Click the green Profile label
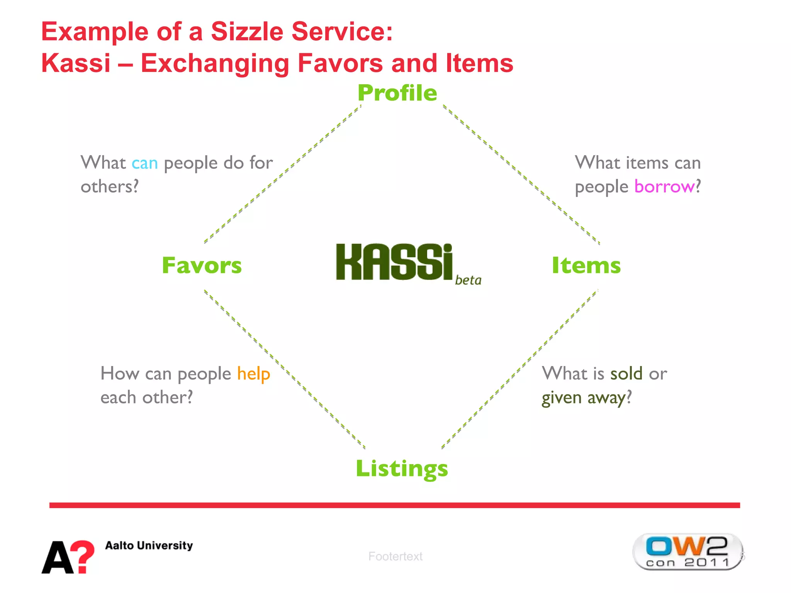(397, 93)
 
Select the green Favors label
(202, 266)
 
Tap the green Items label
(586, 266)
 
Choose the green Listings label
(402, 469)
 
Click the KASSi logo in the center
(394, 262)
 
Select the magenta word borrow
(664, 187)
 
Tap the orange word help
(253, 374)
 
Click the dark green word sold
(626, 374)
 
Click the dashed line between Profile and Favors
(282, 174)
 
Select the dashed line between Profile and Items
(521, 174)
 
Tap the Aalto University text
(149, 546)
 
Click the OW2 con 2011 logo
(687, 552)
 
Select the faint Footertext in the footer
(395, 556)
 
